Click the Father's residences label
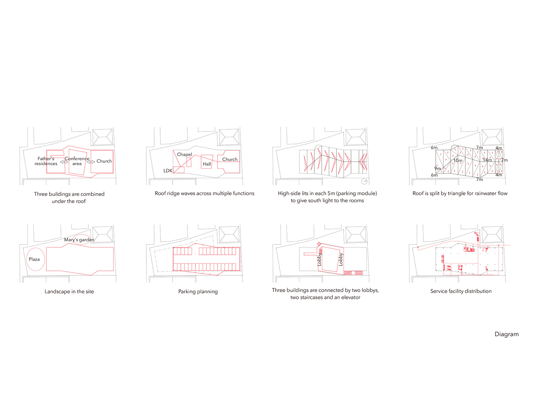click(46, 161)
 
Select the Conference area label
click(77, 161)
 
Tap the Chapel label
click(184, 155)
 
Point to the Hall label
click(207, 164)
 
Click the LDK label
click(168, 170)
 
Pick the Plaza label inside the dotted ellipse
click(34, 259)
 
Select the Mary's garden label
click(79, 239)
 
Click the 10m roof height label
click(457, 160)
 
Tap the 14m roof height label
click(487, 160)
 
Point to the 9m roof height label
click(438, 168)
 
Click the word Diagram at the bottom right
click(507, 334)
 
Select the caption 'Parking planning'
click(198, 291)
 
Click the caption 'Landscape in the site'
click(69, 291)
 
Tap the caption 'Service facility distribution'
click(461, 291)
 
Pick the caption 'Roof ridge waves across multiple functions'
click(204, 193)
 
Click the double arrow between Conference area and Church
click(91, 162)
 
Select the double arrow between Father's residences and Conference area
click(64, 162)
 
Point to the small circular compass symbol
click(364, 181)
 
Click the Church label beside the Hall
click(230, 159)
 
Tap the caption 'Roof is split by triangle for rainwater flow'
click(460, 193)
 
